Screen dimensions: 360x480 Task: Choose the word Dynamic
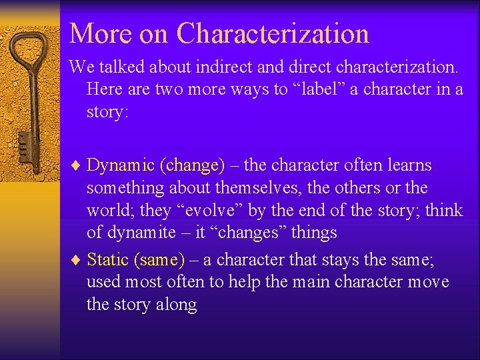point(121,165)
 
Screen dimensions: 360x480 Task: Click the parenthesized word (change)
point(192,165)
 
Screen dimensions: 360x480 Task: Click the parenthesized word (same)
point(160,259)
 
